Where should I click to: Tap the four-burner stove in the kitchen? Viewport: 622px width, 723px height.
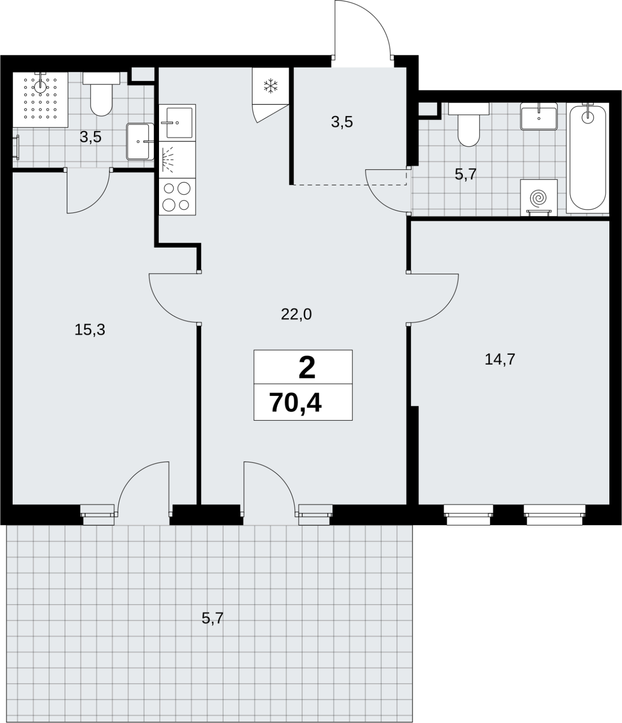[177, 197]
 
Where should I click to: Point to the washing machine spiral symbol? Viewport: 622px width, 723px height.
[538, 197]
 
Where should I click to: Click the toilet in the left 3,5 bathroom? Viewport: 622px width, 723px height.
[101, 94]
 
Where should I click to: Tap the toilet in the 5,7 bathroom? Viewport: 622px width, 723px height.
[469, 124]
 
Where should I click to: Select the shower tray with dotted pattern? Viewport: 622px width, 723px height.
[40, 99]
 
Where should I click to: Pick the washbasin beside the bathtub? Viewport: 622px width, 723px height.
[539, 117]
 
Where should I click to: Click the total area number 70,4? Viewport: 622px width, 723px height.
[295, 403]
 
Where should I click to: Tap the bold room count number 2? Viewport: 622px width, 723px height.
[307, 368]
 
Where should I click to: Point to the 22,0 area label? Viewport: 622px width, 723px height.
[296, 315]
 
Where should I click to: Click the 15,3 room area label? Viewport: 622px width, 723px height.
[90, 330]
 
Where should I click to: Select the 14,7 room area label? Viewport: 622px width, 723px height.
[500, 360]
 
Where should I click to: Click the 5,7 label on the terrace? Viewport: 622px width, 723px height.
[213, 618]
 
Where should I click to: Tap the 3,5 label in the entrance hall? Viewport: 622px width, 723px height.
[342, 122]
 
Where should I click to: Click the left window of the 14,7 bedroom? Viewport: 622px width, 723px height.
[468, 515]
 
